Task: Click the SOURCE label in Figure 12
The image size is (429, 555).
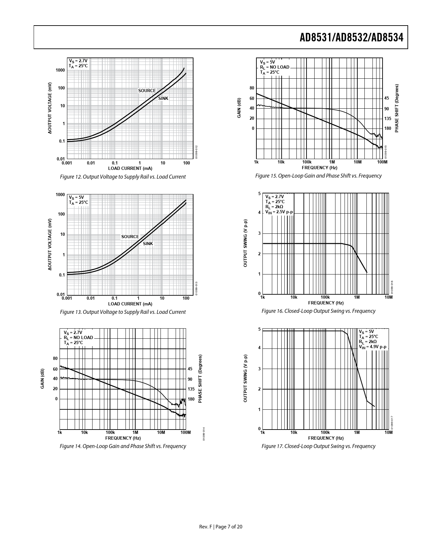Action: (147, 91)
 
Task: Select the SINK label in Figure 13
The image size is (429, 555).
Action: (148, 244)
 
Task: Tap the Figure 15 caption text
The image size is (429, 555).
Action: (318, 176)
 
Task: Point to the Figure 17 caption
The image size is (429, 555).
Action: (318, 446)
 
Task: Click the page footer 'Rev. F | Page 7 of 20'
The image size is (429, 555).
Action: (221, 527)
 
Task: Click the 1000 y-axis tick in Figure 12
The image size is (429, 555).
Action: (61, 70)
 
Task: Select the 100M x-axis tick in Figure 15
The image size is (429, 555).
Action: (382, 162)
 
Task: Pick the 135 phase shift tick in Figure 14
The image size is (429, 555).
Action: (191, 389)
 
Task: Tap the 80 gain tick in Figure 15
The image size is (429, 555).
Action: (252, 88)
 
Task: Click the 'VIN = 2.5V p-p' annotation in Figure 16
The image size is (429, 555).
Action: (279, 212)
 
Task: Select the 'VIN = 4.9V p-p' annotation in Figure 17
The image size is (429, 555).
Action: (372, 347)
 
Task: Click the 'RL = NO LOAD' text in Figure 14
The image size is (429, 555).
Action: (78, 337)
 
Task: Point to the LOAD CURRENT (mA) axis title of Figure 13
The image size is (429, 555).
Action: (130, 304)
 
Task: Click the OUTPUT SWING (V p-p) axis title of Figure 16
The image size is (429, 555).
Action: (245, 243)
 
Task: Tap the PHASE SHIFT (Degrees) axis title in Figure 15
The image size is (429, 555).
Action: (397, 108)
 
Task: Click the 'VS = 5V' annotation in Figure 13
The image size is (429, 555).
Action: (74, 197)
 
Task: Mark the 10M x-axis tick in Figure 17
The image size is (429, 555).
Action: (388, 432)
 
